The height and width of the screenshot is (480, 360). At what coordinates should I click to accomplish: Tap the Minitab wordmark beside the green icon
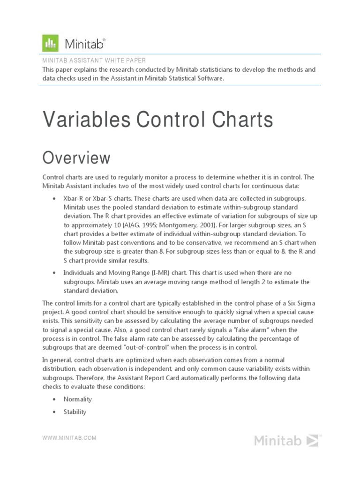85,44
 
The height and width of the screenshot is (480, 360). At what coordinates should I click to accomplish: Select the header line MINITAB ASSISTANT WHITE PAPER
94,60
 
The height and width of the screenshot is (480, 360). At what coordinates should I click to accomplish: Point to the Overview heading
76,158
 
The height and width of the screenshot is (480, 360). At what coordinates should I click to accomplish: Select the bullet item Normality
77,399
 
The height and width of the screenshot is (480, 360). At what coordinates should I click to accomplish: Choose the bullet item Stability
75,412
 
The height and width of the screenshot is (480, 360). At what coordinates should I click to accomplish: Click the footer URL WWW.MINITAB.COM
69,438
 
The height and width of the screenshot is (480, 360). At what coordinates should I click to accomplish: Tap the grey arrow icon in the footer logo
312,440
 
